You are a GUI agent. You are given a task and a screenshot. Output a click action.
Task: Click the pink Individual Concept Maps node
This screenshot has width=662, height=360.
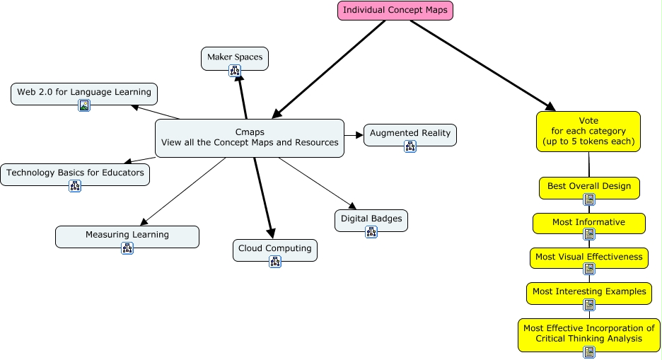395,11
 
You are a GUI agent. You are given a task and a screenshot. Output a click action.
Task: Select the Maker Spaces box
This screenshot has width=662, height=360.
235,57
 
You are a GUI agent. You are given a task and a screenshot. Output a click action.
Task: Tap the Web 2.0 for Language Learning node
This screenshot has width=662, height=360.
84,92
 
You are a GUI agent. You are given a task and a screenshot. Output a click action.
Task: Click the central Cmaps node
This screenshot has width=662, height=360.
249,137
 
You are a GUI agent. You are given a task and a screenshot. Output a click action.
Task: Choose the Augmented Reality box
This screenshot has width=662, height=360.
410,133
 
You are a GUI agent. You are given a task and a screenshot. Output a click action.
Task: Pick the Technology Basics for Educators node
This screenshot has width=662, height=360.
75,173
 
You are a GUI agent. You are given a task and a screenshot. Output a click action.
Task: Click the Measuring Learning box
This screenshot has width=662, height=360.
127,235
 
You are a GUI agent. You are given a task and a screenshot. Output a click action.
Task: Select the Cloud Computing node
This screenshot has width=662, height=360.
275,248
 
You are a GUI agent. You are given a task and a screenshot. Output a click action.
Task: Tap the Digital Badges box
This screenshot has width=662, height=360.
371,219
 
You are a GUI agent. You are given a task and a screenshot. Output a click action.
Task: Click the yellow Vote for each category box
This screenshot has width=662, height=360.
588,131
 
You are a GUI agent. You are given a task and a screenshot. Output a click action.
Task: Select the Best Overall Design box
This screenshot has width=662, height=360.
589,187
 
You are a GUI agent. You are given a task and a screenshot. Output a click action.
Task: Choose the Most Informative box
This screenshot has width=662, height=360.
589,222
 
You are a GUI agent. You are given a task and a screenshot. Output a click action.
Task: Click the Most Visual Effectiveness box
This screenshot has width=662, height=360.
589,257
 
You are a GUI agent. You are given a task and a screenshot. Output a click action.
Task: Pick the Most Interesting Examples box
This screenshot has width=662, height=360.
589,291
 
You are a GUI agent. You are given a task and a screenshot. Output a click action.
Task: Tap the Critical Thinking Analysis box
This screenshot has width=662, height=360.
589,333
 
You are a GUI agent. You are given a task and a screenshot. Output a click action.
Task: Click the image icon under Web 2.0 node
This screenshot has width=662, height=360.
84,106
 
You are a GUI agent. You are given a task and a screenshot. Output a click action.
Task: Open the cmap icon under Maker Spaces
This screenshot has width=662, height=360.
235,70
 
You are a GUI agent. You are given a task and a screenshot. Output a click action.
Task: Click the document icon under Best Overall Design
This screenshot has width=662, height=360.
589,199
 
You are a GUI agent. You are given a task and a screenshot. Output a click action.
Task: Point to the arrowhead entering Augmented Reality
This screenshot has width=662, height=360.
359,134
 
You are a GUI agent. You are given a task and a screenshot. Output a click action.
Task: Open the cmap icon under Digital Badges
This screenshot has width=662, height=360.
371,232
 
